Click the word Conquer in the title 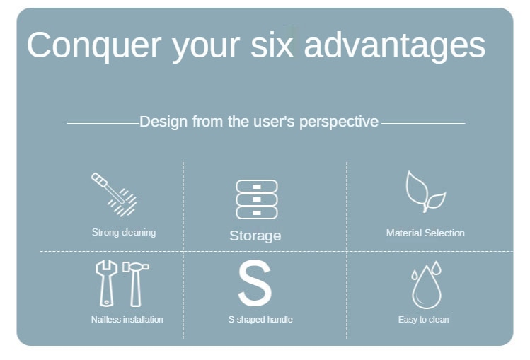click(x=94, y=45)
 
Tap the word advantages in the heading click(x=395, y=46)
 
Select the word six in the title click(x=272, y=45)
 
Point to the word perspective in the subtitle click(x=339, y=122)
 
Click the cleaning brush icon click(x=114, y=194)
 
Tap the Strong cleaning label click(x=124, y=233)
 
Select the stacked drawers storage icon click(x=257, y=199)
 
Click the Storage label click(x=255, y=236)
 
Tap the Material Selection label click(x=425, y=233)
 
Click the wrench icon click(x=106, y=284)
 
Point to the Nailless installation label click(x=127, y=320)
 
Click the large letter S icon click(x=255, y=283)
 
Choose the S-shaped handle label click(x=260, y=320)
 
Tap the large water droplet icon click(x=427, y=287)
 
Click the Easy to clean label click(x=424, y=320)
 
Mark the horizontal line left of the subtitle click(x=103, y=123)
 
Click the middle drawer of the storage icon click(x=257, y=199)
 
